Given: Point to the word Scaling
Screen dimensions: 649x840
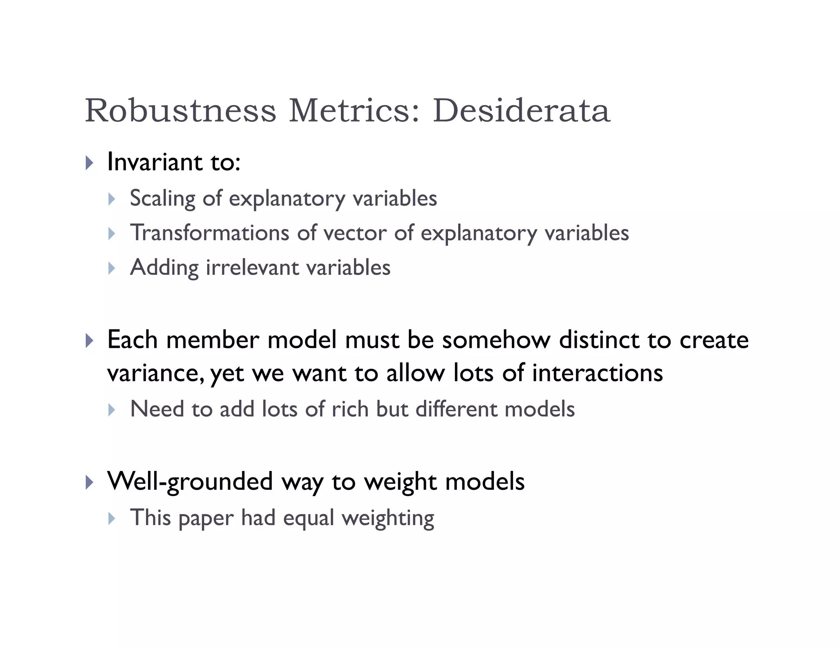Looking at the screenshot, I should pyautogui.click(x=162, y=199).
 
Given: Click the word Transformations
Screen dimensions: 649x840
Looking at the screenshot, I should pyautogui.click(x=210, y=233).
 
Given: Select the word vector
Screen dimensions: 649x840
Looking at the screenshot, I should pyautogui.click(x=355, y=233).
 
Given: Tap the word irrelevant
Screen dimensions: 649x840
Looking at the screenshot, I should pyautogui.click(x=252, y=267).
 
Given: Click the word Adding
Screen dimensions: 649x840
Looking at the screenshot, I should pyautogui.click(x=164, y=267).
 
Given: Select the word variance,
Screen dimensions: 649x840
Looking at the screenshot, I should pyautogui.click(x=155, y=374).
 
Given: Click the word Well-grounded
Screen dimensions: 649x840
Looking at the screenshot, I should pyautogui.click(x=190, y=481).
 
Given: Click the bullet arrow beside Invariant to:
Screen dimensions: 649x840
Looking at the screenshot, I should pyautogui.click(x=89, y=163).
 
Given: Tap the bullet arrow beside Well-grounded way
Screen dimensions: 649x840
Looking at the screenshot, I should pyautogui.click(x=89, y=482).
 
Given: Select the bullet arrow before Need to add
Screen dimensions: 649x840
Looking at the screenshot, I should pyautogui.click(x=112, y=410).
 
